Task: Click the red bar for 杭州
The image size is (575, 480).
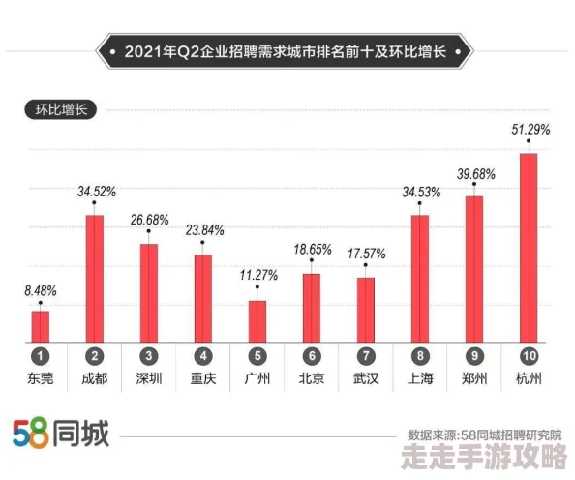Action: point(528,247)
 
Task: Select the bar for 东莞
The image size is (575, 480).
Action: point(40,326)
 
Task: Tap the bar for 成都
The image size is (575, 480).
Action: point(94,278)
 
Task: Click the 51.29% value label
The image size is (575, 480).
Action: point(530,129)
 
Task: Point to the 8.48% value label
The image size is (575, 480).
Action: point(40,289)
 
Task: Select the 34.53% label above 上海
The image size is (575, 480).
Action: point(420,193)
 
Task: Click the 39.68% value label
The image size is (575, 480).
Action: point(475,174)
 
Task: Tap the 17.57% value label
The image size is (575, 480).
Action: point(365,254)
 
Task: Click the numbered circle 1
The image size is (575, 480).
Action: point(40,356)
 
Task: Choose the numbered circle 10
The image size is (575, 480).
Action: point(529,356)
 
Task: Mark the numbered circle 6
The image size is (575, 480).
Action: point(311,356)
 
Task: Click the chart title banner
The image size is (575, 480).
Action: point(287,51)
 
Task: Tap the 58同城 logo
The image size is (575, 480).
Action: point(61,434)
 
